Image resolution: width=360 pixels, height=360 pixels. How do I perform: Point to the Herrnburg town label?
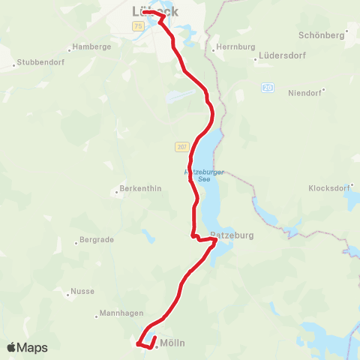[x=230, y=46]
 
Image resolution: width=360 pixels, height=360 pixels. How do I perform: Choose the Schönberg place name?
[x=320, y=35]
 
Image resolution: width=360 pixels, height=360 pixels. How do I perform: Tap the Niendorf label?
[x=304, y=93]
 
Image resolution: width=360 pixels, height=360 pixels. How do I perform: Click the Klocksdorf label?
[x=331, y=187]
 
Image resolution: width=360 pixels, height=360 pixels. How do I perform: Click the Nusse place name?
[x=82, y=291]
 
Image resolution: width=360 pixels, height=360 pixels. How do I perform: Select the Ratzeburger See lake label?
[x=204, y=175]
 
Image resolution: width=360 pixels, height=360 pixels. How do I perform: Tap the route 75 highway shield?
[x=138, y=26]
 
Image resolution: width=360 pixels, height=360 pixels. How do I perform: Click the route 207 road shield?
[x=182, y=146]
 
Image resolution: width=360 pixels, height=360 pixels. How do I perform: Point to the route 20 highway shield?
[x=268, y=88]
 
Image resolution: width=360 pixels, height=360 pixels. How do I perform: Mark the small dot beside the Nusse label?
[x=67, y=291]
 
